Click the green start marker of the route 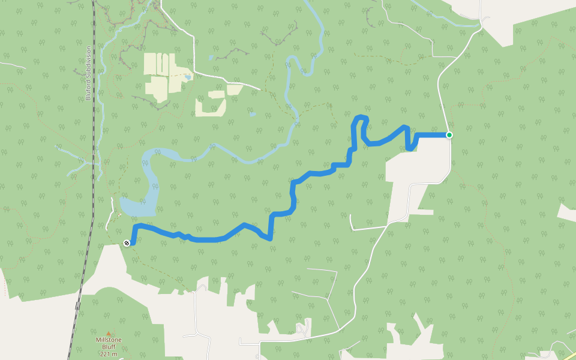tap(449, 135)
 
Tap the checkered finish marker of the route tap(127, 243)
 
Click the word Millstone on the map tap(109, 340)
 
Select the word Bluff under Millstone tap(109, 347)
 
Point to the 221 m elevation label tap(109, 354)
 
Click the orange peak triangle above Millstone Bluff tap(109, 333)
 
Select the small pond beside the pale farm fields tap(188, 77)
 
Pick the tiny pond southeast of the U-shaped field tap(253, 113)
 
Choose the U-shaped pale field tap(210, 105)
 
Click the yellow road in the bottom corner tap(567, 354)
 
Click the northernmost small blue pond tap(211, 58)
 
